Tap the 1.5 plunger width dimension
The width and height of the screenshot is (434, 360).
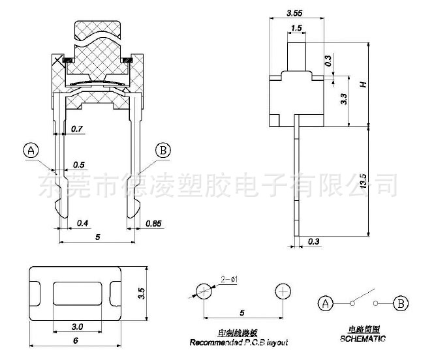click(296, 28)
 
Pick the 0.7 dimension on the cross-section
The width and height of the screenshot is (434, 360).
click(77, 129)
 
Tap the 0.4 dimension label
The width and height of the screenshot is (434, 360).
click(83, 224)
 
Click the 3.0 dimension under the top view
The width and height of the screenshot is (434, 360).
click(76, 326)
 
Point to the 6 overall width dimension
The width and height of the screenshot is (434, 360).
click(76, 340)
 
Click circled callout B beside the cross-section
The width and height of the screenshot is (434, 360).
click(163, 150)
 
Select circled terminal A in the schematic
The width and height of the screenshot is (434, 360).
click(324, 303)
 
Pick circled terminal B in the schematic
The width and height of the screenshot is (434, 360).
click(402, 303)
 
